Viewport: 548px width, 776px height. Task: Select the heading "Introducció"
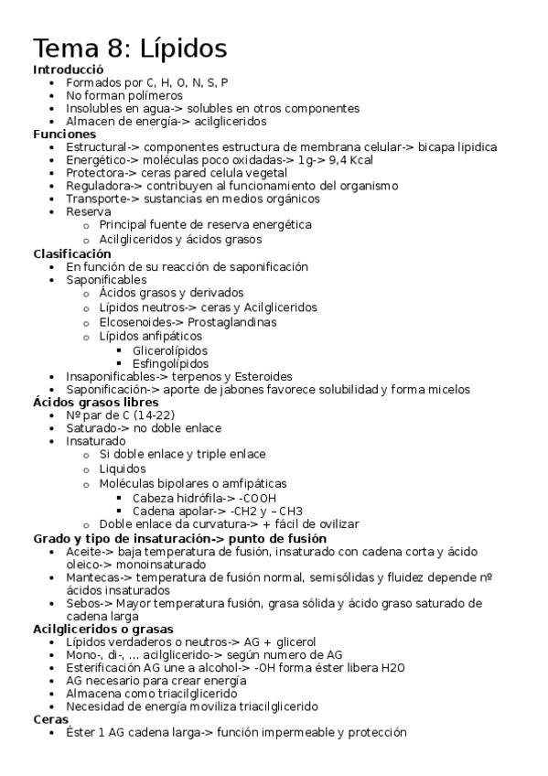point(68,70)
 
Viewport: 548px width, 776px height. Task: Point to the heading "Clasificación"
point(71,253)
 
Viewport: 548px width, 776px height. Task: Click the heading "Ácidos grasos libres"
point(96,402)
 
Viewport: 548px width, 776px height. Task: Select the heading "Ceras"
point(49,719)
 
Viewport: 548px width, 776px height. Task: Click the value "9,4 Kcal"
point(349,159)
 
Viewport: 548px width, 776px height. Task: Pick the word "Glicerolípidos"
point(169,350)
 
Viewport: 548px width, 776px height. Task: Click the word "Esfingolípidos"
point(171,363)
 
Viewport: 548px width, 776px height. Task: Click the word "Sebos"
point(84,603)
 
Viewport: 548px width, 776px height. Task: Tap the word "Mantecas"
point(92,577)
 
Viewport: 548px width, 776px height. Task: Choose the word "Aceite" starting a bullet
point(85,552)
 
